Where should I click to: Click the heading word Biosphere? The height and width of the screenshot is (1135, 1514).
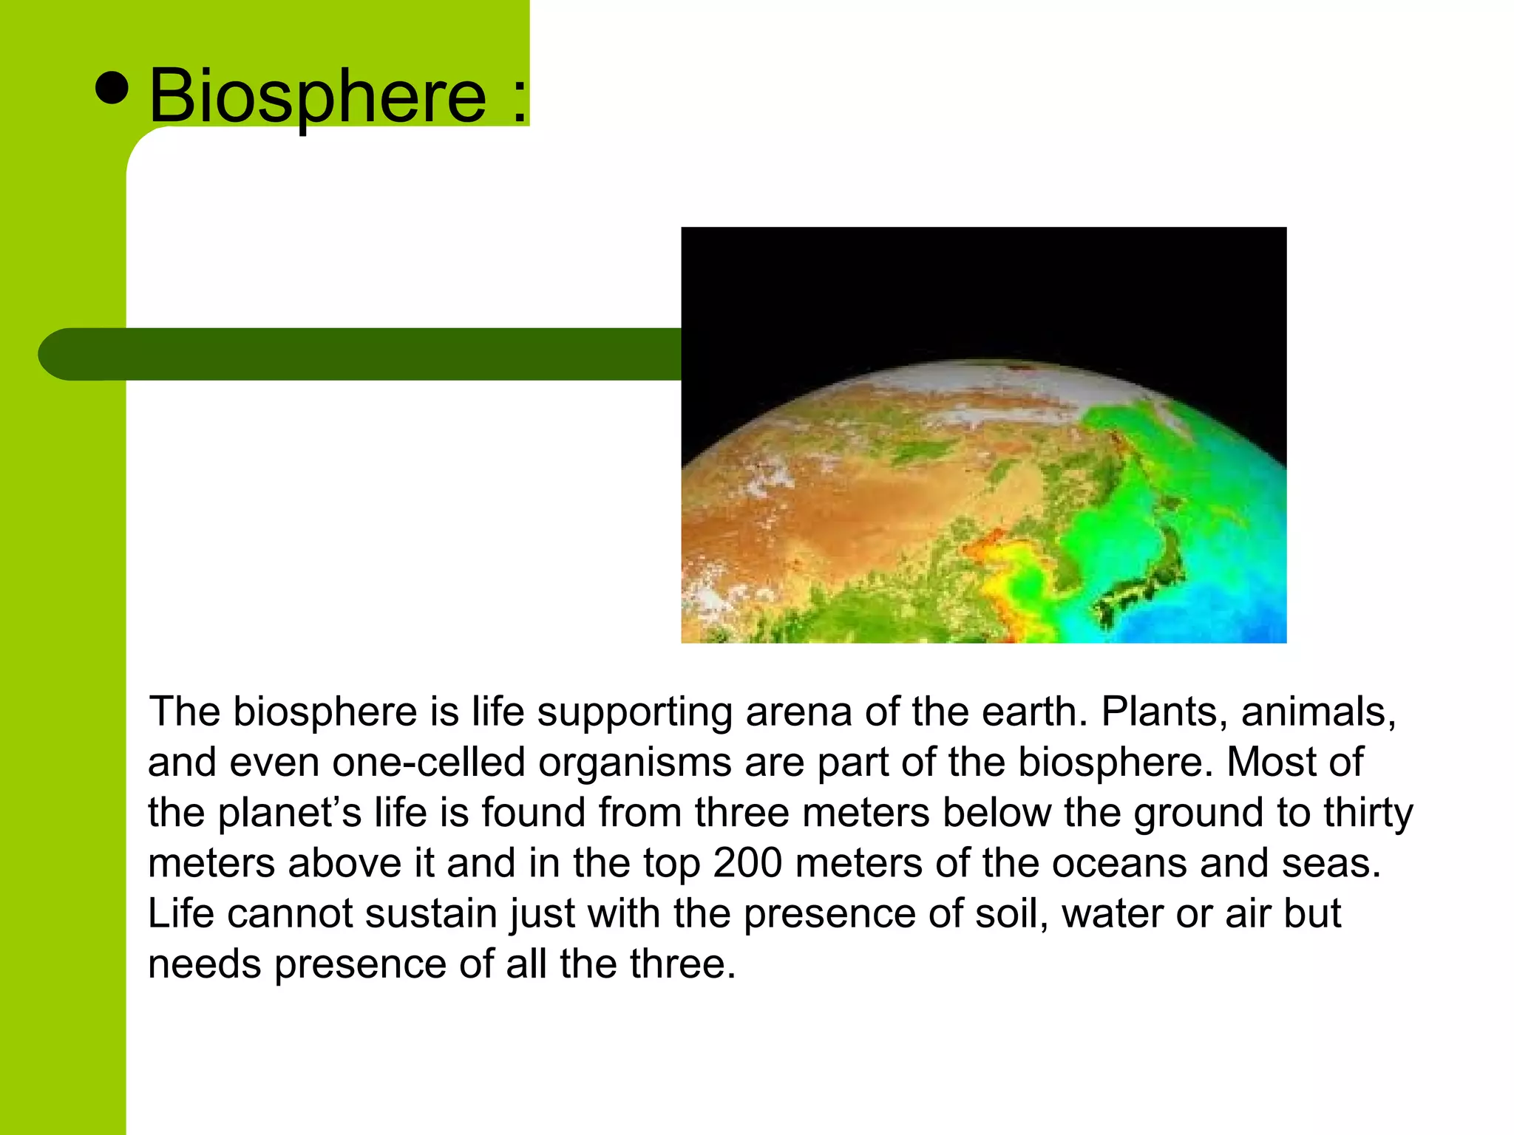[318, 96]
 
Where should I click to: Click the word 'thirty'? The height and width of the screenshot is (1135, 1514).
[1368, 813]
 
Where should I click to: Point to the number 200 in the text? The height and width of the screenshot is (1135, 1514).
[747, 863]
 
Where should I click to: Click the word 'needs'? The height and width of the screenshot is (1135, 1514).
[205, 964]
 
